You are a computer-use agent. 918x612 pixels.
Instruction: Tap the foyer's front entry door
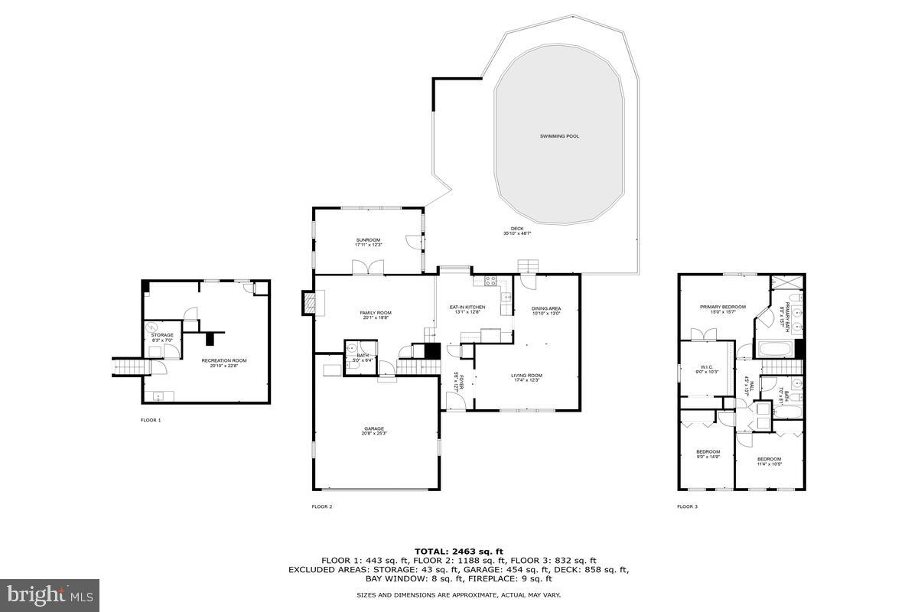(453, 400)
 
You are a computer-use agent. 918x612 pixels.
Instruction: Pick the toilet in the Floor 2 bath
(353, 366)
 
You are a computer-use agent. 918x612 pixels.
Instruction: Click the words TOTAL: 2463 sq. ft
(458, 551)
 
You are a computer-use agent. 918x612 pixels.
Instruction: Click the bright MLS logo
(50, 594)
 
